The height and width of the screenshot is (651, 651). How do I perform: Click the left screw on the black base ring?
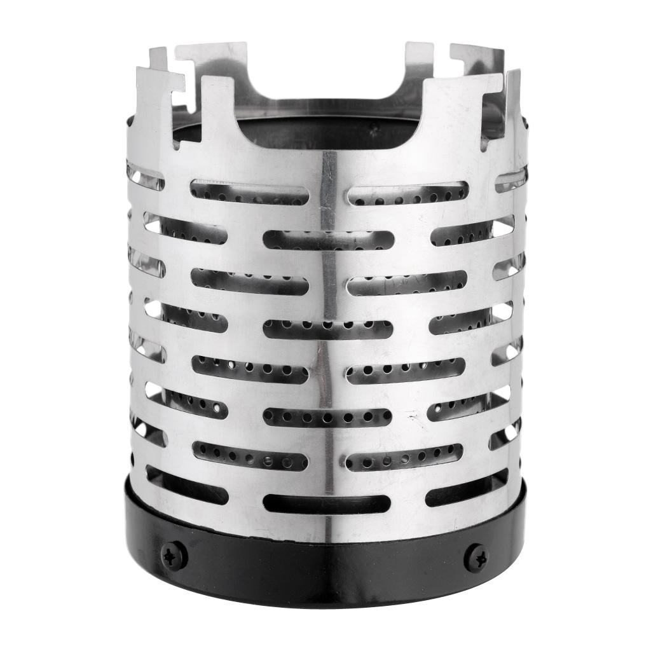tap(174, 556)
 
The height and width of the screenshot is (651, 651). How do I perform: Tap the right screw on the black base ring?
tap(477, 558)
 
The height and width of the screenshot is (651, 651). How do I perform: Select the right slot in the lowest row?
tap(467, 486)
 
